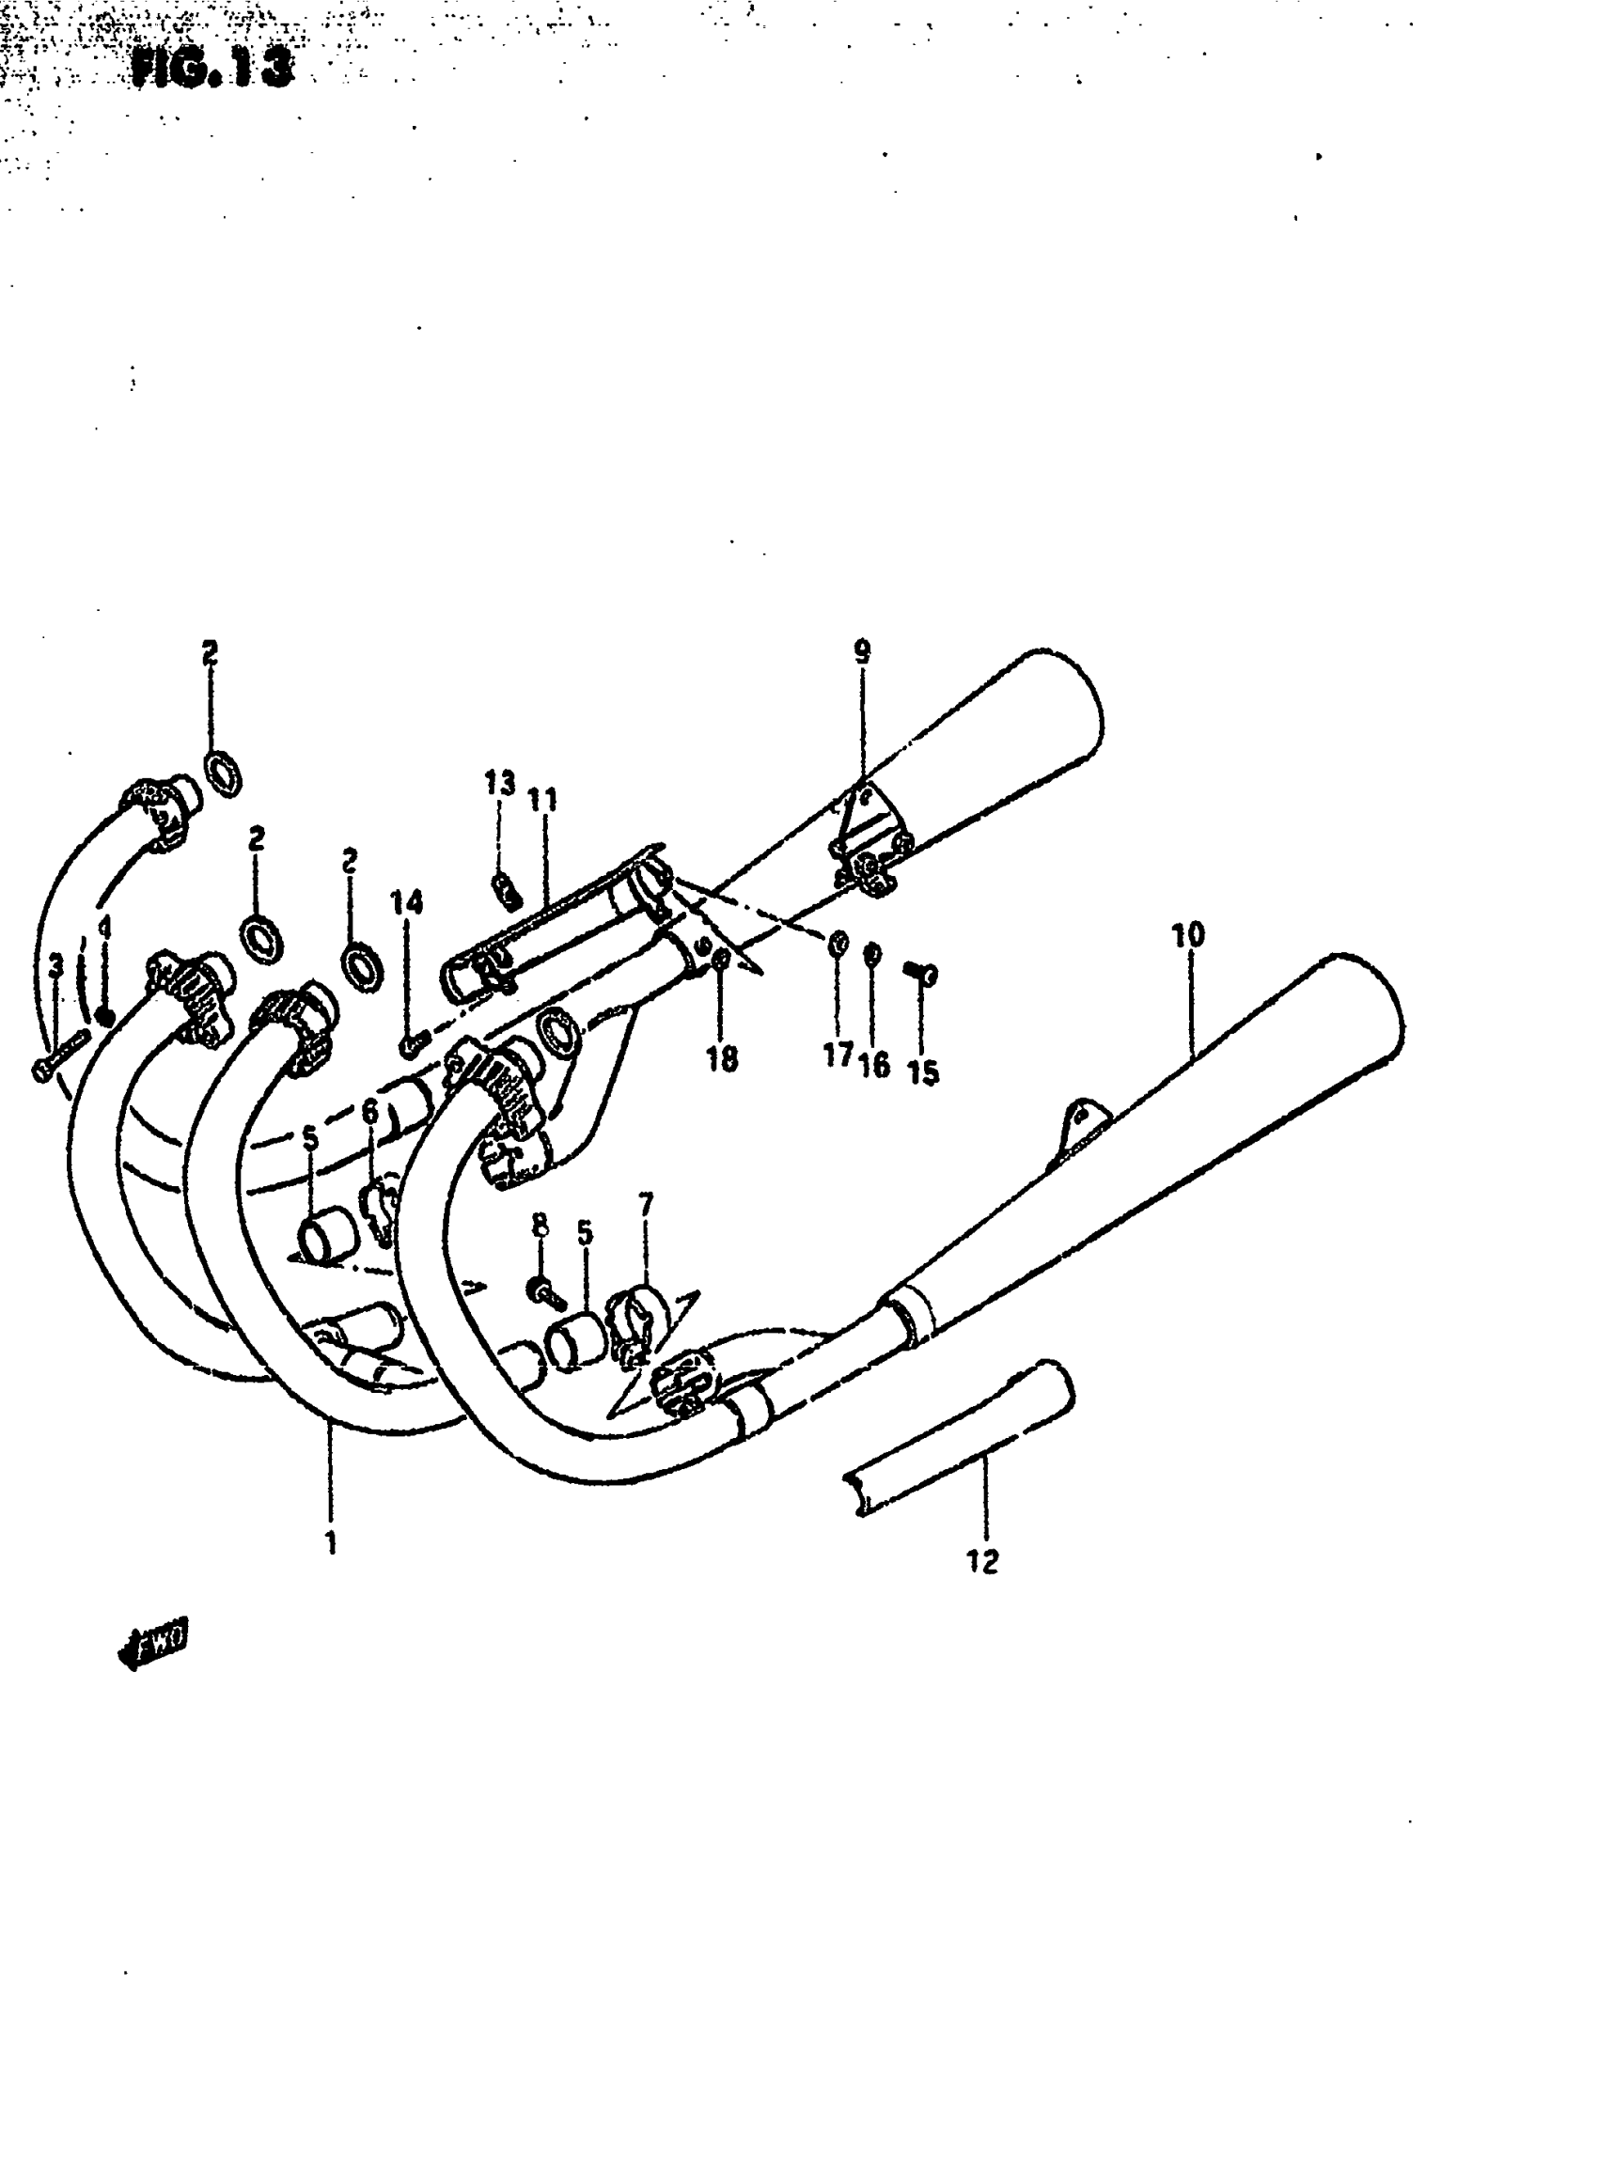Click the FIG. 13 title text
tap(211, 67)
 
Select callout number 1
tap(331, 1544)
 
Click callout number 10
tap(1188, 935)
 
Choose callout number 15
tap(923, 1072)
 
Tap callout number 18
tap(722, 1059)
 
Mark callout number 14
tap(406, 902)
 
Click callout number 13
tap(499, 783)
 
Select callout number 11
tap(542, 800)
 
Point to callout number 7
tap(645, 1204)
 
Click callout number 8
tap(540, 1226)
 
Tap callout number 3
tap(56, 963)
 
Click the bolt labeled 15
tap(921, 973)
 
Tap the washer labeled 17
tap(838, 941)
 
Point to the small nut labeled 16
tap(871, 954)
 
